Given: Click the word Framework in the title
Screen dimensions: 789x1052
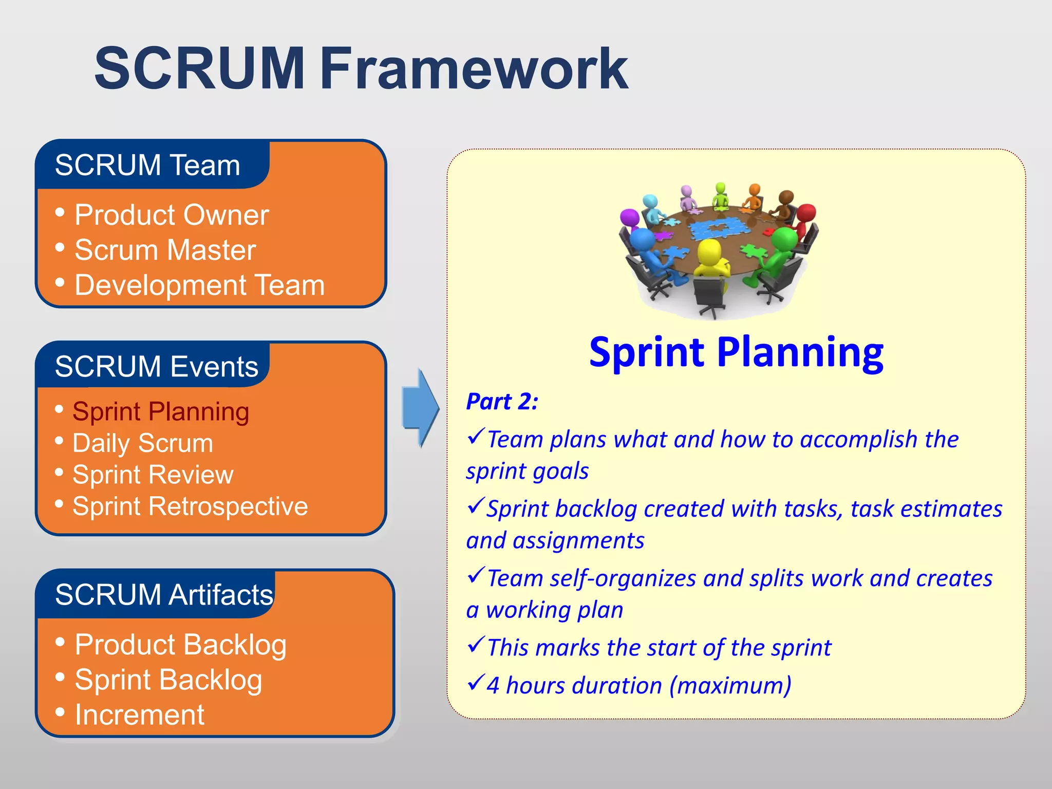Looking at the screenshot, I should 474,69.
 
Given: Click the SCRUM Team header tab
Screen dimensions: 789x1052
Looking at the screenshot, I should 148,165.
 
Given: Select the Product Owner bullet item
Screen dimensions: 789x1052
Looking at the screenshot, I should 171,215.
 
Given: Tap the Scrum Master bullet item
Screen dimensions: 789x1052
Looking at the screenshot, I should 164,250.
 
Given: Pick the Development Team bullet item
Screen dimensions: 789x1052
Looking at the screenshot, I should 199,285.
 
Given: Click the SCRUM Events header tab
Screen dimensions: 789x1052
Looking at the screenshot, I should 156,366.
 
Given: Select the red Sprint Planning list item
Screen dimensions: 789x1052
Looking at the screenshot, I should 161,411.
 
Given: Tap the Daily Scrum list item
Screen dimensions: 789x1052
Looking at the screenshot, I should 143,443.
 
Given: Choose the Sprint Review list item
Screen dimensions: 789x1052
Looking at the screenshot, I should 153,475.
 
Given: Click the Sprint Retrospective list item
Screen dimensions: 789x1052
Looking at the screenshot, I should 190,506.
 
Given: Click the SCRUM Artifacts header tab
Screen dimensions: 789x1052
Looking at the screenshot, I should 163,594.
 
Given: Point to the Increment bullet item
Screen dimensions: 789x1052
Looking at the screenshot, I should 139,715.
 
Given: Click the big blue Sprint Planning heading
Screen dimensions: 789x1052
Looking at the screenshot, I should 736,352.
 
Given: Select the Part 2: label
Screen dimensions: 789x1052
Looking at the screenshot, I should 501,401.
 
